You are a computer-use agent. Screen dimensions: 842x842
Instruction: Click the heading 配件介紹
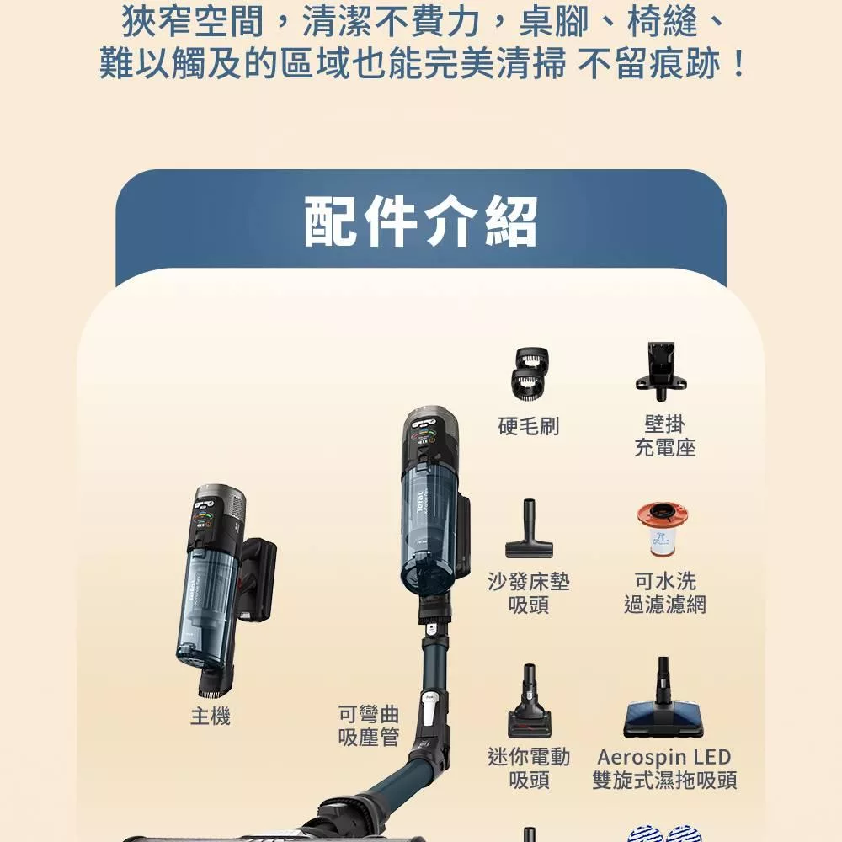click(x=420, y=222)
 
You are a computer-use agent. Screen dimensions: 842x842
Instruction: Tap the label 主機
click(x=210, y=717)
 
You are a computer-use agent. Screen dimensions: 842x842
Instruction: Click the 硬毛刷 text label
click(x=528, y=426)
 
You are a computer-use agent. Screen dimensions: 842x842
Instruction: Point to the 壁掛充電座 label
click(x=665, y=436)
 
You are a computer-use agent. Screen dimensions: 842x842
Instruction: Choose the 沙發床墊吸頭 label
click(x=529, y=593)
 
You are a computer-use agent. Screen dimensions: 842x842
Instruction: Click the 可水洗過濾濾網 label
click(x=665, y=593)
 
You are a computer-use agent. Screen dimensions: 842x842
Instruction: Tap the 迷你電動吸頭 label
click(x=529, y=768)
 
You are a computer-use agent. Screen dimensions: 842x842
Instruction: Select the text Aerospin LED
click(x=664, y=757)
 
